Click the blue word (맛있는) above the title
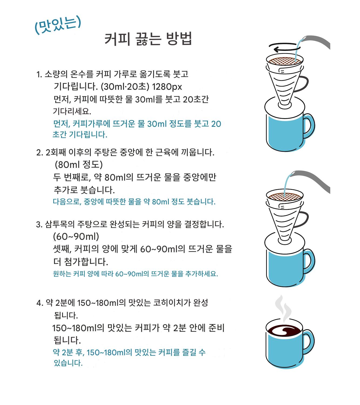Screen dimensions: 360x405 point(58,24)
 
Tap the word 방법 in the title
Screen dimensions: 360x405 point(179,39)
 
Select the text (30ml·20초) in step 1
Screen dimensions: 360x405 point(125,87)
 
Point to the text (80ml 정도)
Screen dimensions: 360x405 point(79,165)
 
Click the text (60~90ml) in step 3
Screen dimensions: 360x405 point(76,237)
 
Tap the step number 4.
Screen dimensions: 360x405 point(39,303)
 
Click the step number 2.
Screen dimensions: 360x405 point(39,153)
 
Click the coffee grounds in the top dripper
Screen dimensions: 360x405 point(284,61)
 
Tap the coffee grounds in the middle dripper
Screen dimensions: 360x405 point(284,197)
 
